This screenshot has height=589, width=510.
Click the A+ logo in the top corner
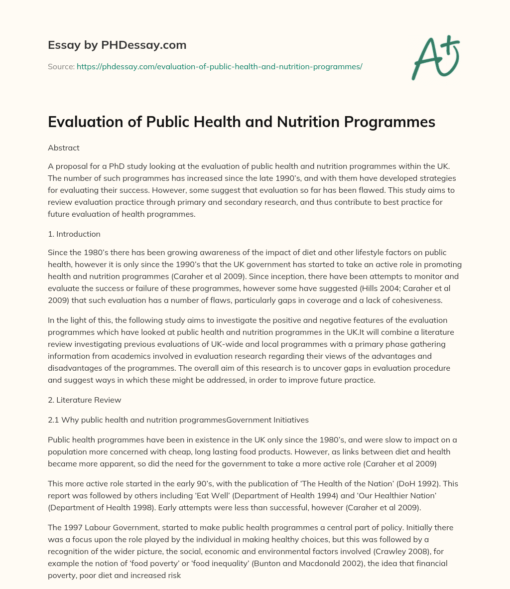coord(435,58)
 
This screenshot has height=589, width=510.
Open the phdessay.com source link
coord(219,66)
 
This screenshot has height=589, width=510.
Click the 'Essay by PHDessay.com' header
coord(117,45)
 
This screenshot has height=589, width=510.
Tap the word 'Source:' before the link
coord(61,66)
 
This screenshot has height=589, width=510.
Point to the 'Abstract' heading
coord(64,148)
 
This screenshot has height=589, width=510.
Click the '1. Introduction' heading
coord(74,234)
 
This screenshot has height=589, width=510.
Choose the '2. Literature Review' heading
coord(85,400)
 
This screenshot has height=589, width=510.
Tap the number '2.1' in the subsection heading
coord(54,420)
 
